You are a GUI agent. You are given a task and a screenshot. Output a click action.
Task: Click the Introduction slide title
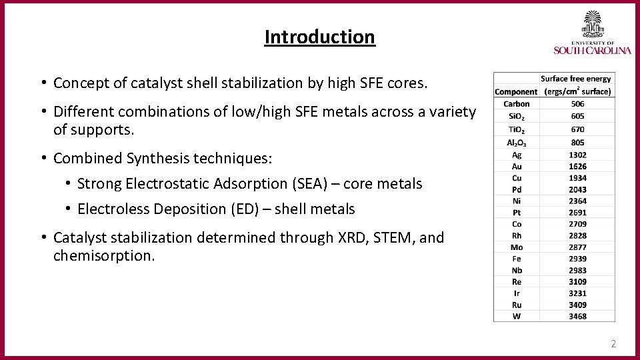(x=320, y=37)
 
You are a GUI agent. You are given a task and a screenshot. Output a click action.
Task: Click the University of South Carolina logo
(x=592, y=33)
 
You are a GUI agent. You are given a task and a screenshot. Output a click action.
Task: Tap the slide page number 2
(x=613, y=344)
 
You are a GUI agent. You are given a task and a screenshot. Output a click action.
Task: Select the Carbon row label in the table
(x=517, y=103)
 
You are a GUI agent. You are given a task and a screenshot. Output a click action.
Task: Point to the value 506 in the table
(x=577, y=103)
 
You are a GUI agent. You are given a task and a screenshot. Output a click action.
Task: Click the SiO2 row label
(x=517, y=115)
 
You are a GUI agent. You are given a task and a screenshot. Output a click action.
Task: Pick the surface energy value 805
(x=577, y=142)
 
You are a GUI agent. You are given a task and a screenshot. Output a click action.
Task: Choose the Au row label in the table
(x=517, y=166)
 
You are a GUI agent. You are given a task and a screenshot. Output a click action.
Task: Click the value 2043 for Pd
(x=577, y=189)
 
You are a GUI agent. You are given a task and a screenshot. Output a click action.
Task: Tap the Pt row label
(x=517, y=213)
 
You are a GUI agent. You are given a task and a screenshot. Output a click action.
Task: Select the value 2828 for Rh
(x=577, y=235)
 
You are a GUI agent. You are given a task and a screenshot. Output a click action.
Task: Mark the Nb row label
(x=517, y=270)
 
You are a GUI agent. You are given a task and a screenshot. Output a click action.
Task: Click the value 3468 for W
(x=577, y=316)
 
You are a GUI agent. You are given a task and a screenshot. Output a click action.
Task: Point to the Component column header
(x=516, y=91)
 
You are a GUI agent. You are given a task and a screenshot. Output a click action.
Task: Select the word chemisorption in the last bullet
(x=103, y=255)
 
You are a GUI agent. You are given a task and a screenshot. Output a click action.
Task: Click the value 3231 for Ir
(x=577, y=293)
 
